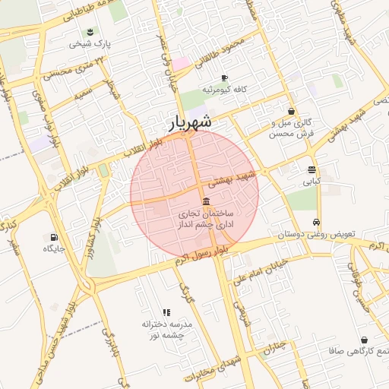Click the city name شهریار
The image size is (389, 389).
(189, 122)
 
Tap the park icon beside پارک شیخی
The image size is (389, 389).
(91, 30)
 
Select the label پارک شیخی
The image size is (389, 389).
(90, 44)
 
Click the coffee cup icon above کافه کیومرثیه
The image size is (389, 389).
(224, 77)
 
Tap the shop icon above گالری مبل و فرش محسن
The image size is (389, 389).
(291, 111)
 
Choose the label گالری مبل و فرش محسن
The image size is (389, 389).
(291, 128)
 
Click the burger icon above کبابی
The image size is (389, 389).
(312, 169)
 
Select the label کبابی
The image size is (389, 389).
(312, 182)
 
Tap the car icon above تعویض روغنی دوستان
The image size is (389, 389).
(315, 223)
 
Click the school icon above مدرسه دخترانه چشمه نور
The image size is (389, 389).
(167, 312)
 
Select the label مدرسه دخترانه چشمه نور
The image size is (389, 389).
(167, 330)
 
